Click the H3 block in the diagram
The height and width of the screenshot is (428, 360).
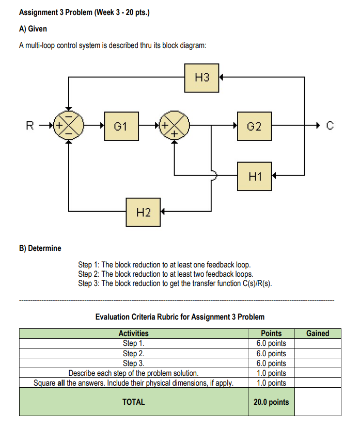tap(202, 77)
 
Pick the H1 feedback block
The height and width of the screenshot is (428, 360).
tap(254, 176)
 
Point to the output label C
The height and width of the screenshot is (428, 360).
tap(331, 125)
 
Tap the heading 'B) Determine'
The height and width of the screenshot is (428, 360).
tap(40, 248)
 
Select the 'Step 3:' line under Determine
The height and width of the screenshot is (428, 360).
tap(175, 283)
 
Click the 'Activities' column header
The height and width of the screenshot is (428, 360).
tap(133, 334)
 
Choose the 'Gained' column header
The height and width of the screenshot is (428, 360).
tap(318, 334)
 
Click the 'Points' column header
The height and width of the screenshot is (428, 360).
tap(271, 334)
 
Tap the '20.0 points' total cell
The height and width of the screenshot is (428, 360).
tap(271, 402)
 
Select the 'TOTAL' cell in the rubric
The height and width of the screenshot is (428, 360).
tap(133, 402)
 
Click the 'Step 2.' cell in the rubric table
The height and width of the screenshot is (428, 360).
tap(133, 353)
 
